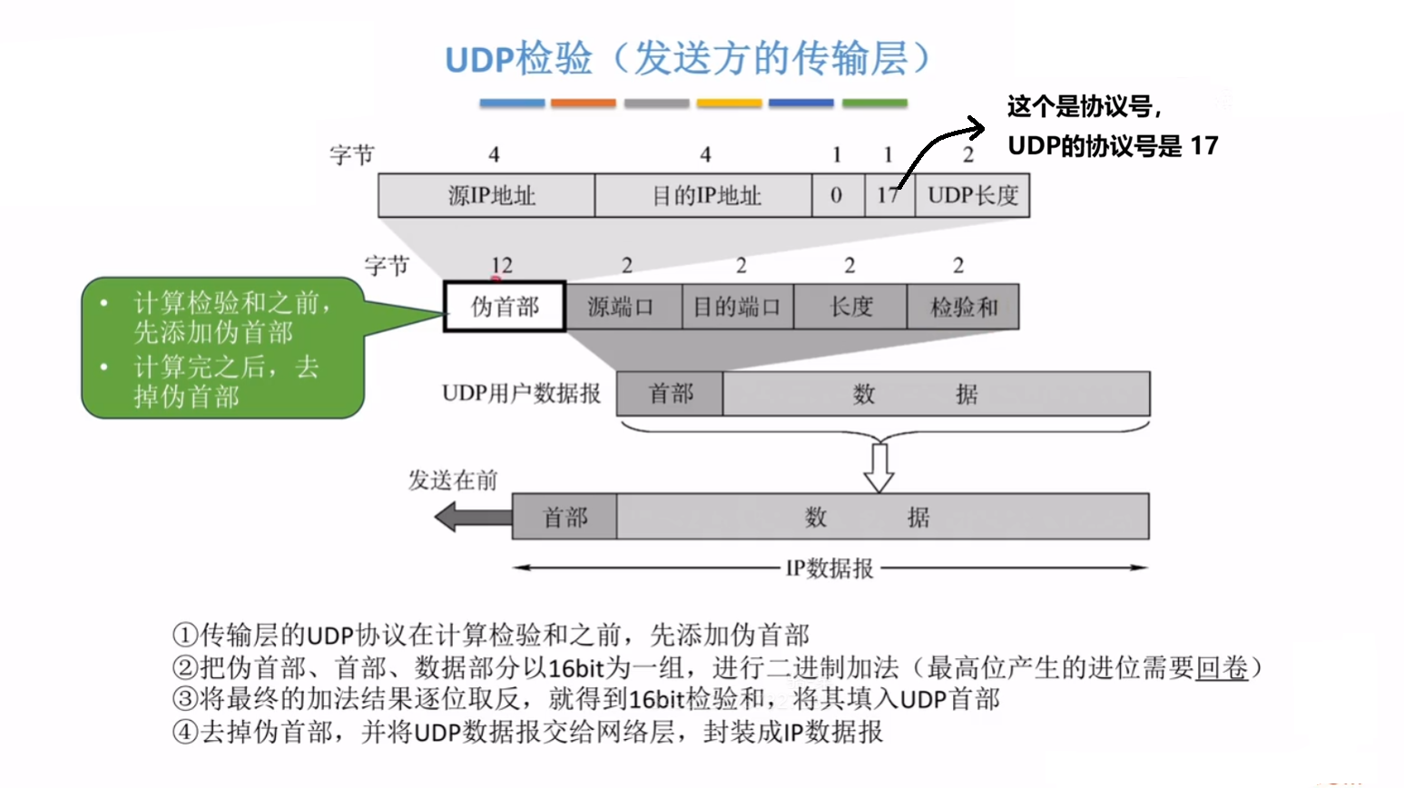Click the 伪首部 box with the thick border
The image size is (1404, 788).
coord(505,307)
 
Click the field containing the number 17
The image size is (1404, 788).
coord(889,195)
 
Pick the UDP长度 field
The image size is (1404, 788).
coord(972,195)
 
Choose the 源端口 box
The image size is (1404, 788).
coord(623,307)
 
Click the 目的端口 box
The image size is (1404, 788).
coord(737,307)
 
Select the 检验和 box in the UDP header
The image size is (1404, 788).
coord(963,307)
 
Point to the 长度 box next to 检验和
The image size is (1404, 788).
coord(850,307)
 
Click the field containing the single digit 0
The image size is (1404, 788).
coord(837,195)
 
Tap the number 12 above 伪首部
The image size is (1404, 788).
coord(501,265)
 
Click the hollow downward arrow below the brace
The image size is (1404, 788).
coord(879,467)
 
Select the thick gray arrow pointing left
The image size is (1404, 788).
coord(472,517)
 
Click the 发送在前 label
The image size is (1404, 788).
coord(453,480)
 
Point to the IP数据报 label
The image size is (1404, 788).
coord(830,568)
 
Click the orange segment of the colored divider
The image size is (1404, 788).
coord(584,103)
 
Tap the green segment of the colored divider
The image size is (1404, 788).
coord(875,103)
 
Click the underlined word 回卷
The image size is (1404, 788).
coord(1222,668)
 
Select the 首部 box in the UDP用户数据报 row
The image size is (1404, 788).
coord(670,394)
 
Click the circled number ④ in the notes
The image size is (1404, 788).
coord(185,732)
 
